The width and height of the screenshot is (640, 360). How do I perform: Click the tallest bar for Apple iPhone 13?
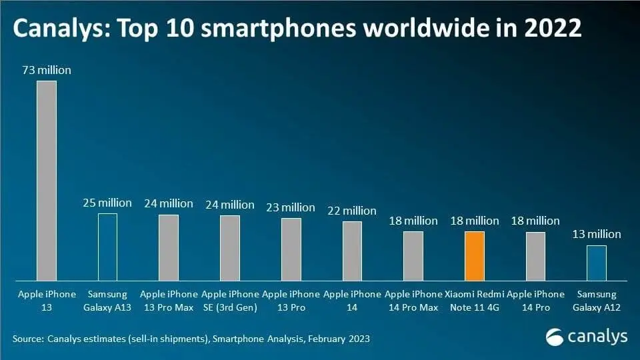click(x=46, y=180)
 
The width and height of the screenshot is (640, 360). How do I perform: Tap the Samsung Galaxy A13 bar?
click(x=107, y=247)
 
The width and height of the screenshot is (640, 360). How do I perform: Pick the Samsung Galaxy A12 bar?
click(x=597, y=263)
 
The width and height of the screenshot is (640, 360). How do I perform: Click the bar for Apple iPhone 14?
click(x=352, y=251)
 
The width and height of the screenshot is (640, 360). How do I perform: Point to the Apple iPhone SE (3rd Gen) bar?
click(x=229, y=247)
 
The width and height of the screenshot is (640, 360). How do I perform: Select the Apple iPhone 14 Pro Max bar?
click(x=413, y=255)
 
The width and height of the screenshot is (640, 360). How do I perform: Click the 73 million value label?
click(x=46, y=70)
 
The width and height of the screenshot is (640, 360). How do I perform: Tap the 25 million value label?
click(x=107, y=203)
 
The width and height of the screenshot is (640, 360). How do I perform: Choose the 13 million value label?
click(x=597, y=234)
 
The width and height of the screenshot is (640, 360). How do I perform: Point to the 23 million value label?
click(x=291, y=207)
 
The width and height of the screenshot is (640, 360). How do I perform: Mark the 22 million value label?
click(x=352, y=211)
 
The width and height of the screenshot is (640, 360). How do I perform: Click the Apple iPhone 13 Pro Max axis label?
click(x=169, y=300)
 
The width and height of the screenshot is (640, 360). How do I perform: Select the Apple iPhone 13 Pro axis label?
click(x=291, y=300)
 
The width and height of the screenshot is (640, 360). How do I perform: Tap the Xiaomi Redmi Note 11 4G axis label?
click(x=474, y=300)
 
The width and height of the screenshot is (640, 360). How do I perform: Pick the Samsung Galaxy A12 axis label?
click(x=597, y=300)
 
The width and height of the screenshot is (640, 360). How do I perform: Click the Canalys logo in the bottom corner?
click(x=587, y=337)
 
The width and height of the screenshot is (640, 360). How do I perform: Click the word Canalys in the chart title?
click(x=59, y=29)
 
